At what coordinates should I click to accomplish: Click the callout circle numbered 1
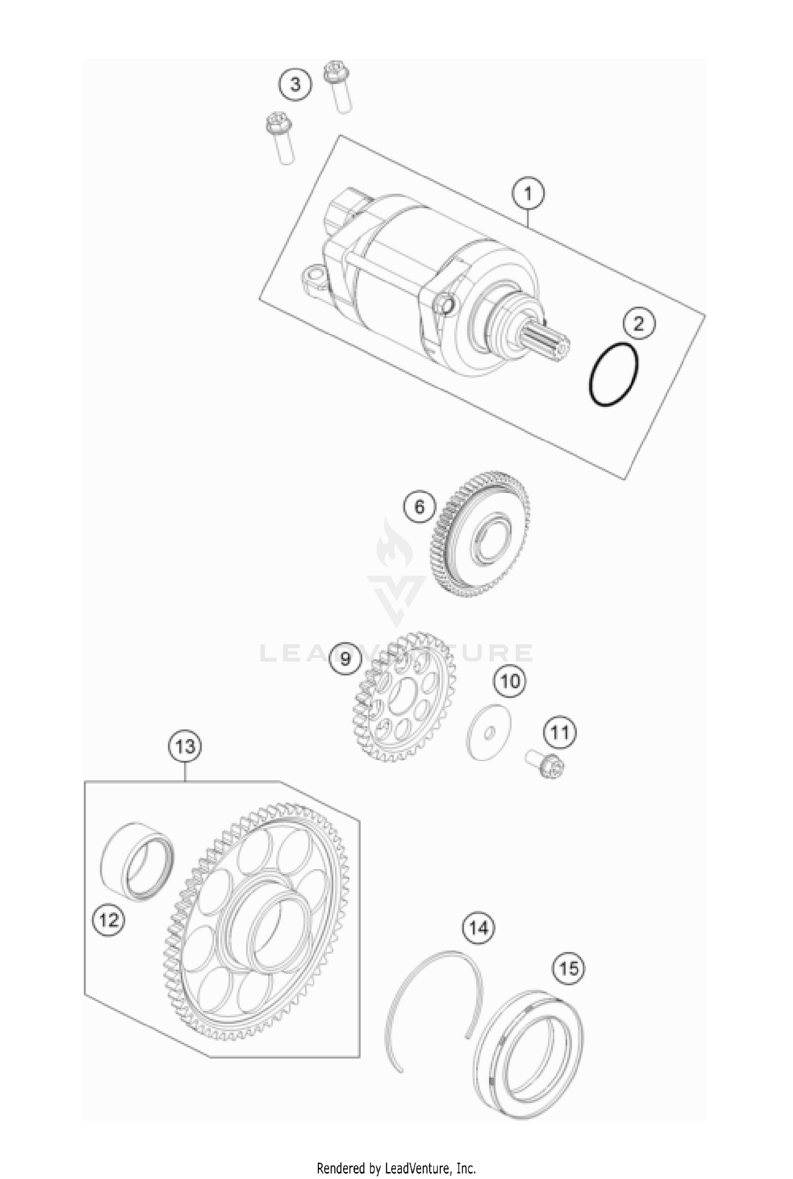coord(528,194)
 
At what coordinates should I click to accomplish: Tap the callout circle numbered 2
coord(639,323)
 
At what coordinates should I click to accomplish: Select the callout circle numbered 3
coord(295,84)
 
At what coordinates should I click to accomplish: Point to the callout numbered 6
coord(419,507)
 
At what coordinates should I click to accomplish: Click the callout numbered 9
coord(345,659)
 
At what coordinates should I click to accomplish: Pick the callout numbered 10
coord(510,681)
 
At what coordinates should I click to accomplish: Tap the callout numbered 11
coord(560,733)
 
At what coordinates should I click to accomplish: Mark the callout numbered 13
coord(185,747)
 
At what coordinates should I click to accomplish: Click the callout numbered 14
coord(479,927)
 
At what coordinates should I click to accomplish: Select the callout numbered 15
coord(569,969)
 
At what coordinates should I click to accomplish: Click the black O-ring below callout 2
coord(614,375)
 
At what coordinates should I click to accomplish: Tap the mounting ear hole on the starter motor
coord(316,275)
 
